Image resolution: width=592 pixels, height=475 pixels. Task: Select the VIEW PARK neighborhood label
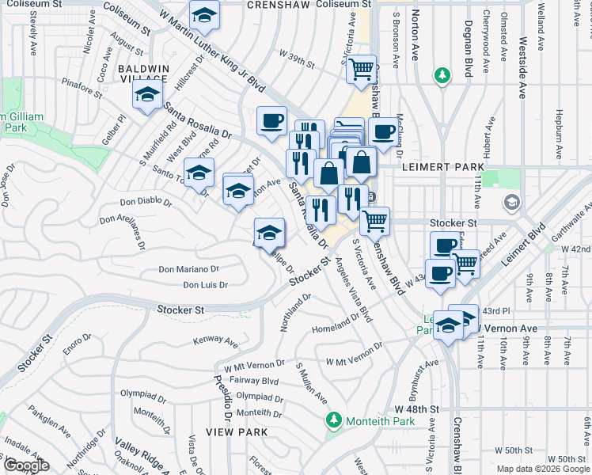pos(237,432)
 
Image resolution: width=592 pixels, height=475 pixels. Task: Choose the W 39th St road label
pos(297,53)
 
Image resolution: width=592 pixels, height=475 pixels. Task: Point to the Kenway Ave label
pos(216,343)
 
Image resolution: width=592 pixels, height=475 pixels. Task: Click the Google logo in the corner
pos(25,465)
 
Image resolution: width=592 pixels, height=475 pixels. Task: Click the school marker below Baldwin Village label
pos(147,97)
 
